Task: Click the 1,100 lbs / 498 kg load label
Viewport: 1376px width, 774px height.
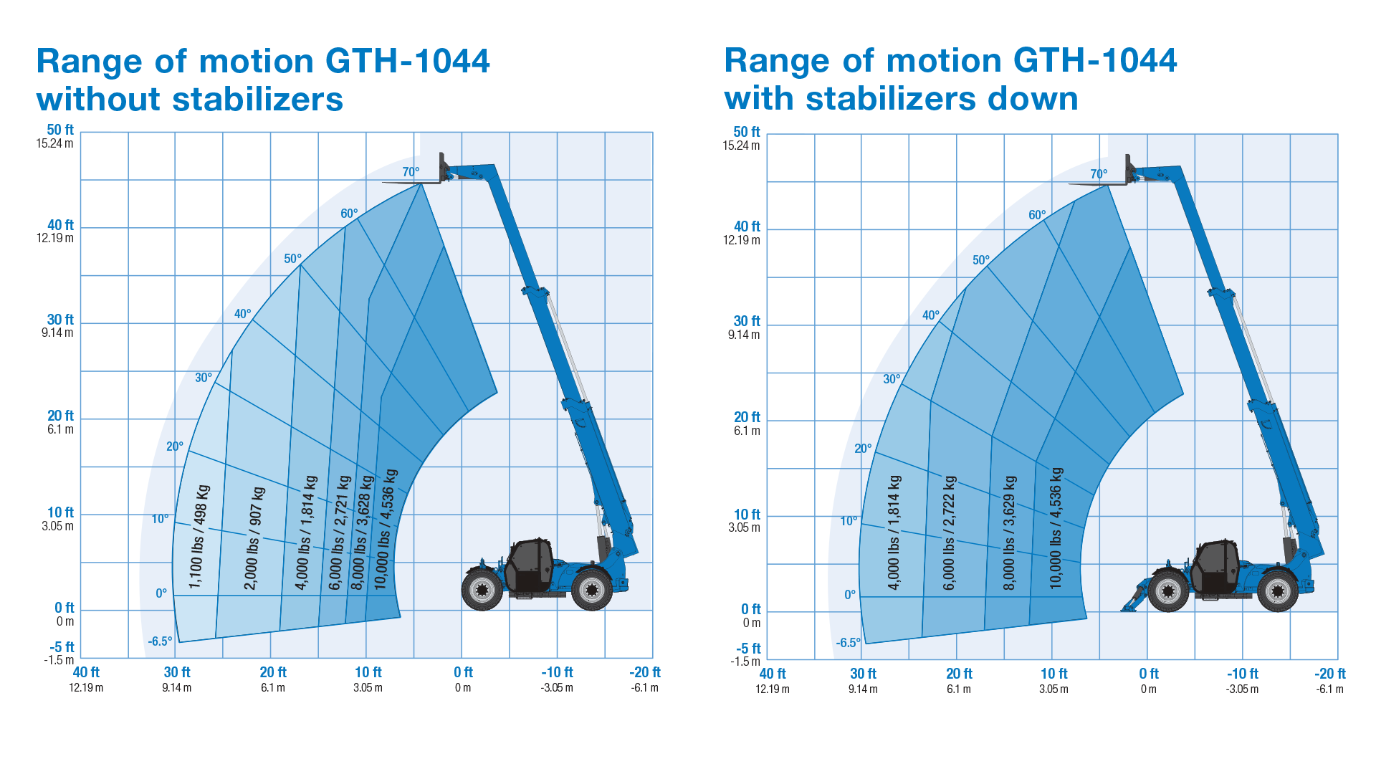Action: click(200, 537)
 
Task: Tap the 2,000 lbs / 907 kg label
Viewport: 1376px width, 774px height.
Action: click(255, 538)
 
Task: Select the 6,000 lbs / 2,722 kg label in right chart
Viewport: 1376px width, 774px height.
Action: click(950, 532)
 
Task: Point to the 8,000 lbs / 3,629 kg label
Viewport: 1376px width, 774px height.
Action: click(1010, 532)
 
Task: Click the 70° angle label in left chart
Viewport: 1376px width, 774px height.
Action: click(411, 172)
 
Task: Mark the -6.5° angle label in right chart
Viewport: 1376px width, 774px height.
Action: click(848, 643)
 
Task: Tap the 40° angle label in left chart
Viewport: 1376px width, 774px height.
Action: click(243, 314)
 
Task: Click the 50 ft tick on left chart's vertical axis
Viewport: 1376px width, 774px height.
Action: click(60, 130)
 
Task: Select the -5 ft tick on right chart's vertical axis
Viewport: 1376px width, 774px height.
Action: click(748, 649)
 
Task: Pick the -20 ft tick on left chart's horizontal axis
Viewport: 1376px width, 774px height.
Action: click(645, 672)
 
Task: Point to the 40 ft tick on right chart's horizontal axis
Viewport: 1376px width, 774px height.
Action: click(773, 674)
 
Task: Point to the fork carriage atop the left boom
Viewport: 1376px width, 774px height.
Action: click(444, 169)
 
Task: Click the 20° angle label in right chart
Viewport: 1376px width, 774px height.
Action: click(863, 449)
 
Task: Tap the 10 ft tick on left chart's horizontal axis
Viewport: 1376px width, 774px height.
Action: click(368, 672)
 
